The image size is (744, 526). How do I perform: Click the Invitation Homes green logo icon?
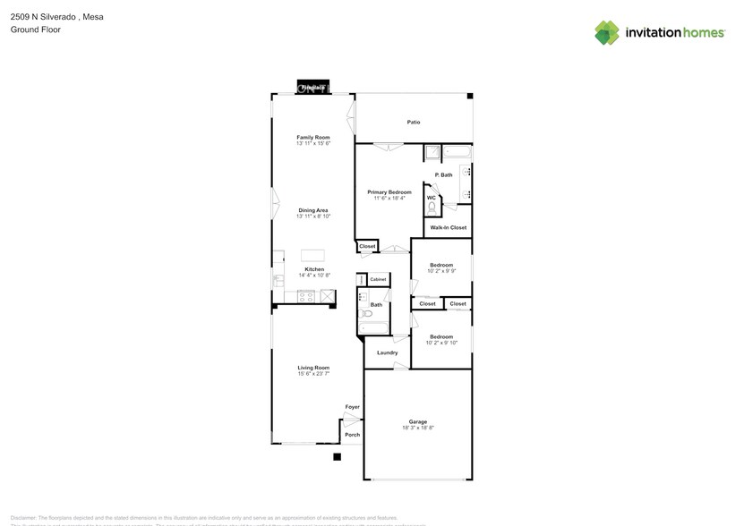pyautogui.click(x=608, y=32)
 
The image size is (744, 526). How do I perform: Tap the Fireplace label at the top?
pyautogui.click(x=312, y=88)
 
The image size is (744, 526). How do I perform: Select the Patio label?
pyautogui.click(x=414, y=123)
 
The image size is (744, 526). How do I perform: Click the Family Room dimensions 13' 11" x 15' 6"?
pyautogui.click(x=313, y=143)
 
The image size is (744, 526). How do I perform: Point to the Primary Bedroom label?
pyautogui.click(x=389, y=192)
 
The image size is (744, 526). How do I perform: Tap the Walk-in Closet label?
pyautogui.click(x=448, y=228)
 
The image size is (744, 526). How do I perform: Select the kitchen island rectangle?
pyautogui.click(x=313, y=254)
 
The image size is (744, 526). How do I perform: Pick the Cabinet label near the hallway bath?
pyautogui.click(x=377, y=280)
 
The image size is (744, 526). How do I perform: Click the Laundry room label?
pyautogui.click(x=387, y=352)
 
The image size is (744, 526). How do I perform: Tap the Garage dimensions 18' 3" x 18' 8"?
pyautogui.click(x=417, y=428)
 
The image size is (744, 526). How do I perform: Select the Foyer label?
pyautogui.click(x=353, y=407)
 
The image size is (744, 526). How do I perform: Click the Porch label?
pyautogui.click(x=353, y=435)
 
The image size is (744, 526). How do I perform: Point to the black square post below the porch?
pyautogui.click(x=338, y=457)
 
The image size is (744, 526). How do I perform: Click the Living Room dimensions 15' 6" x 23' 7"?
pyautogui.click(x=313, y=374)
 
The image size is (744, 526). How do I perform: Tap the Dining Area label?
pyautogui.click(x=313, y=210)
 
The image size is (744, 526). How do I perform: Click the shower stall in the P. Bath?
pyautogui.click(x=431, y=152)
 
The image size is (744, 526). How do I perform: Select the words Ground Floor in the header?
pyautogui.click(x=29, y=30)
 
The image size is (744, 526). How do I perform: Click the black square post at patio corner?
pyautogui.click(x=470, y=96)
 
